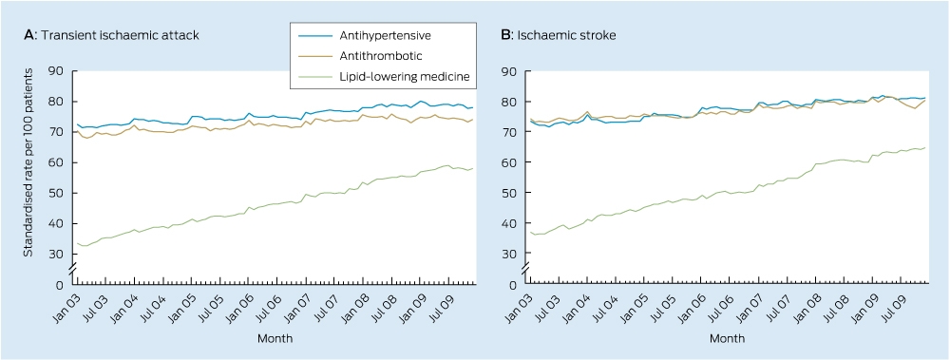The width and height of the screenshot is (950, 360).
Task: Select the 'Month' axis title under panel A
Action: coord(275,338)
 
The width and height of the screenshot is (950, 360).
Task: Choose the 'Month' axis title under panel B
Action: coord(728,338)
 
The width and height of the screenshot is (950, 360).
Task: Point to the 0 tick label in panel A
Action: coord(60,284)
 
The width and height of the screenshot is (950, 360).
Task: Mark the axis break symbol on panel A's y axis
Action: coord(73,271)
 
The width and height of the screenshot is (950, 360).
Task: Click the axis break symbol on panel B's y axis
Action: coord(526,271)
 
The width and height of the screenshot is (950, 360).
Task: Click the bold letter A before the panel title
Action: coord(28,35)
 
